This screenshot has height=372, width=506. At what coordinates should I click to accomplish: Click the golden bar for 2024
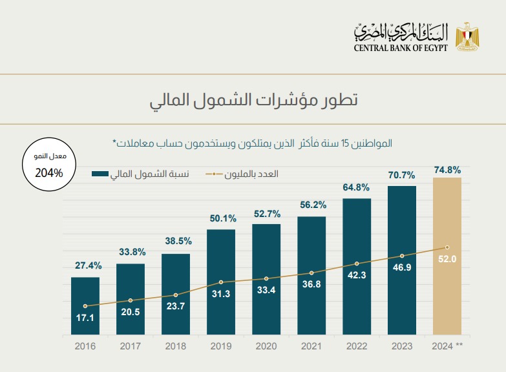pos(447,213)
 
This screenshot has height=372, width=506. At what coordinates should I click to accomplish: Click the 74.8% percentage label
pos(447,170)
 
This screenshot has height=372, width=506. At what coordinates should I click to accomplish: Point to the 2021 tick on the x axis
pos(311,346)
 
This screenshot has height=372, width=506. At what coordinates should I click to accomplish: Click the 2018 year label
pos(176,346)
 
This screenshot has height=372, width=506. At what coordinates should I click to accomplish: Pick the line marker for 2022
pos(357,263)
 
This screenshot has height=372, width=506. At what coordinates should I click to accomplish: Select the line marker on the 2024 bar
pos(447,247)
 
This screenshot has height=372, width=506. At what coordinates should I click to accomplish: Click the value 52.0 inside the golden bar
pos(447,259)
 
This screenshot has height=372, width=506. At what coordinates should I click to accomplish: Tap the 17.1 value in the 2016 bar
pos(85,318)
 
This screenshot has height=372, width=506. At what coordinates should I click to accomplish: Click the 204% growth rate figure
pos(49,173)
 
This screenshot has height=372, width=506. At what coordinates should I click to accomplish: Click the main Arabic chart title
pos(253,101)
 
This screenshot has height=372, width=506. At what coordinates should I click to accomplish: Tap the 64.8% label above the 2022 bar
pos(357,187)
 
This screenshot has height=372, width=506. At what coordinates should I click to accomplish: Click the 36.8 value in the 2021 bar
pos(311,285)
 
